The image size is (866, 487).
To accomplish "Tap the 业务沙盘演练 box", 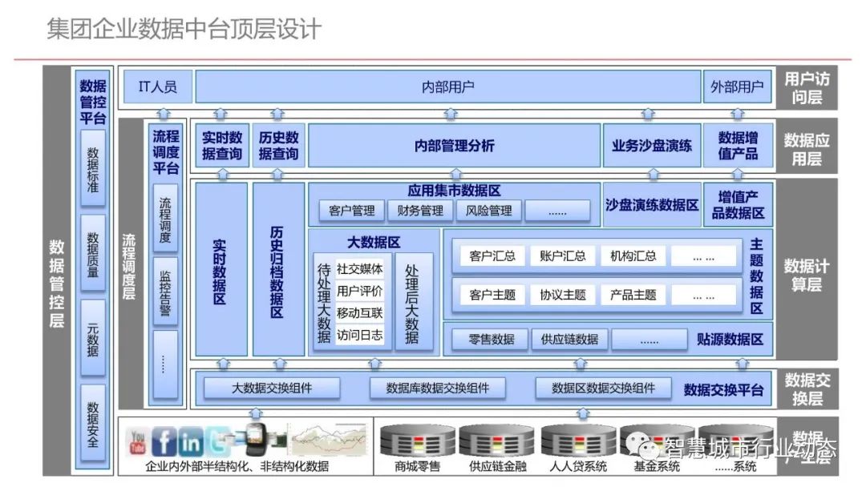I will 651,146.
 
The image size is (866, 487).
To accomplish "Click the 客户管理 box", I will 351,211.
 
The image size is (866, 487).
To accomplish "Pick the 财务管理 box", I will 420,211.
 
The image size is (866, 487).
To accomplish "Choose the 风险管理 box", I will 488,211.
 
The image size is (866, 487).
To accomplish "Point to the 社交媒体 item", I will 359,268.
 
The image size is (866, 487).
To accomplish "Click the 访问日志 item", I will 359,335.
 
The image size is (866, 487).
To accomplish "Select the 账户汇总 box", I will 563,256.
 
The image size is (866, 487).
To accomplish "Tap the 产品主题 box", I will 633,295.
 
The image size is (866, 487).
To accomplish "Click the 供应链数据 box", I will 569,339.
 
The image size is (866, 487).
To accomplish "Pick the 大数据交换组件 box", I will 272,388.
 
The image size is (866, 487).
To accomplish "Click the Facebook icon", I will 164,441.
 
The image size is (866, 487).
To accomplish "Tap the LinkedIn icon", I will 191,441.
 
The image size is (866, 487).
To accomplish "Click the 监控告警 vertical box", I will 164,291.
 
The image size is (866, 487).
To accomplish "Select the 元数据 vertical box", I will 93,338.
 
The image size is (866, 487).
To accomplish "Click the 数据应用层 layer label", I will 806,149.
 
